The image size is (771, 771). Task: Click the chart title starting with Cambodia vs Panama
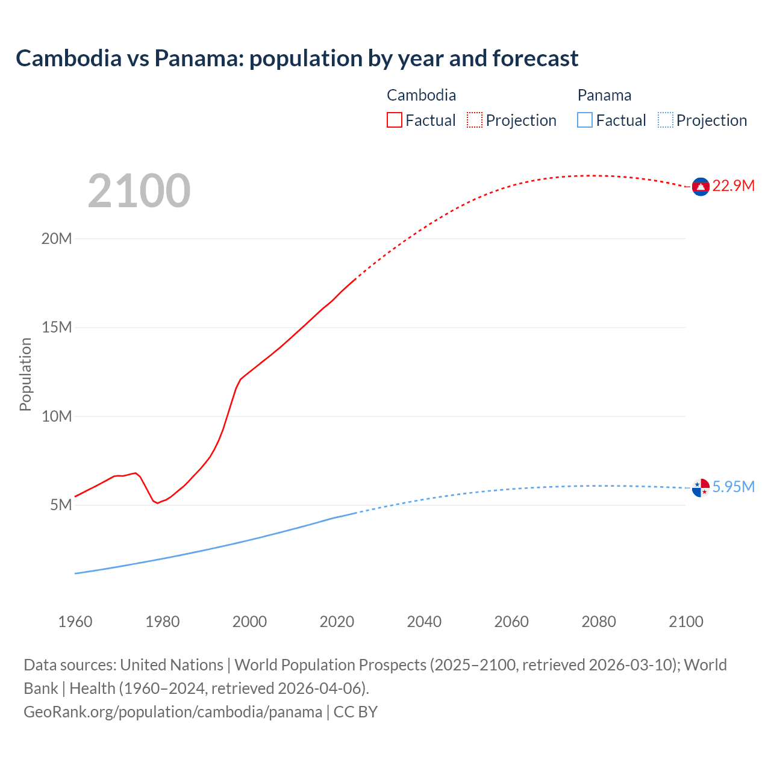click(x=297, y=58)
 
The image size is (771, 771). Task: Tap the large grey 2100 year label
click(x=139, y=191)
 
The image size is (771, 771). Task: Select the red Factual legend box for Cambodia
click(x=394, y=120)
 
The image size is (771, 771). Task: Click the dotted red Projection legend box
click(x=475, y=120)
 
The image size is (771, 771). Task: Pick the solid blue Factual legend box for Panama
click(x=585, y=120)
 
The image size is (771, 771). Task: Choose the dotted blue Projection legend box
click(x=666, y=120)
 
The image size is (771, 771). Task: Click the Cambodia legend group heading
click(x=421, y=95)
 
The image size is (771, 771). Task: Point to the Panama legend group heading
click(x=604, y=95)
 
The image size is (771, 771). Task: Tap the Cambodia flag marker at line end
click(x=701, y=187)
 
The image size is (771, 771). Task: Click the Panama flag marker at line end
click(x=701, y=488)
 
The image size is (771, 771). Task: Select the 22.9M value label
click(x=733, y=186)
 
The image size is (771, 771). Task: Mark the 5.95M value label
click(x=733, y=487)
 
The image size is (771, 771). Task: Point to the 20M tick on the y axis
click(x=57, y=239)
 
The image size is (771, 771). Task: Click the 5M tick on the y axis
click(x=61, y=505)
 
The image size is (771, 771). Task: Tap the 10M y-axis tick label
click(x=57, y=416)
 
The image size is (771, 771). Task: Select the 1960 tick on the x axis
click(x=75, y=622)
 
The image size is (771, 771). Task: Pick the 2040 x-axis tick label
click(x=424, y=622)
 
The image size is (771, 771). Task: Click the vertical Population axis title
click(x=25, y=374)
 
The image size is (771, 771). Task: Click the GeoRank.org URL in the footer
click(x=173, y=712)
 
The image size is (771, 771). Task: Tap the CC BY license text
click(x=355, y=712)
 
